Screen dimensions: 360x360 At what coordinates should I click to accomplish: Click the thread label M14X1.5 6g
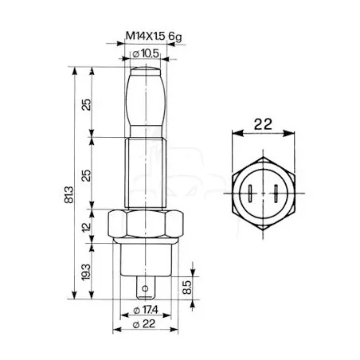tap(154, 36)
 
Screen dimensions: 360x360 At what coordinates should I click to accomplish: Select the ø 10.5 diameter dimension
tap(146, 53)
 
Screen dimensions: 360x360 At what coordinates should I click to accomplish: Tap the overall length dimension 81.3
tap(68, 194)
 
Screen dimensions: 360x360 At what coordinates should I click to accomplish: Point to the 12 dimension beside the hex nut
tap(86, 227)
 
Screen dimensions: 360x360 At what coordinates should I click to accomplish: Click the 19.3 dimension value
tap(86, 272)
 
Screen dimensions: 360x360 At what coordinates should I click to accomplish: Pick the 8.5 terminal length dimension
tap(187, 287)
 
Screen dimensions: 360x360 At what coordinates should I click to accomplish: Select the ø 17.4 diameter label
tap(146, 310)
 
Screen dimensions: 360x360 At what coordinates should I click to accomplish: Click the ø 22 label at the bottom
tap(144, 324)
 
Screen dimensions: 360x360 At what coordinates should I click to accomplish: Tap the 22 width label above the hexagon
tap(263, 124)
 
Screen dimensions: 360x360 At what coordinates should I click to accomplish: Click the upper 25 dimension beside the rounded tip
tap(86, 104)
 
